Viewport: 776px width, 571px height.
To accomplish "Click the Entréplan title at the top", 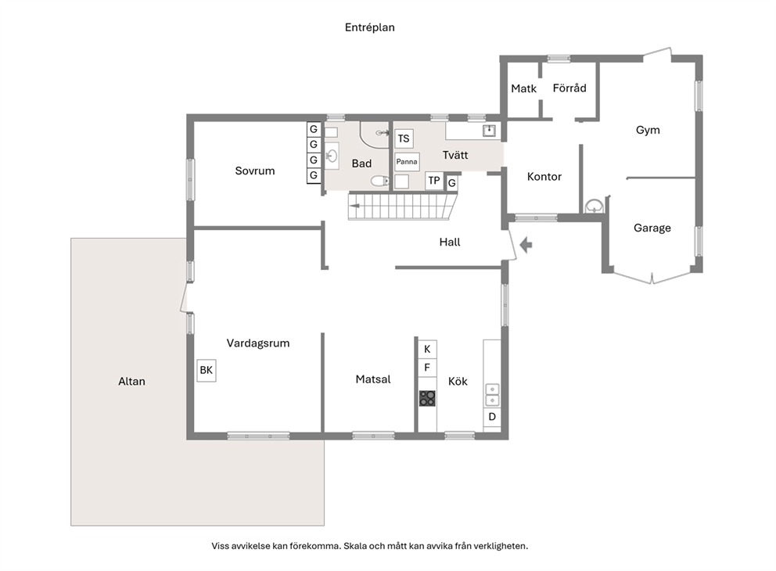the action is (x=370, y=27).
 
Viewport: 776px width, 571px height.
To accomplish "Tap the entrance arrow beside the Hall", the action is (x=526, y=244).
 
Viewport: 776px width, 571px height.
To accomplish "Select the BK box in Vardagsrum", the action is (x=207, y=370).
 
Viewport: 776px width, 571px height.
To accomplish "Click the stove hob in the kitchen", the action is (x=427, y=398).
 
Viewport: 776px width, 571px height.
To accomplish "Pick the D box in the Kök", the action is (x=492, y=417).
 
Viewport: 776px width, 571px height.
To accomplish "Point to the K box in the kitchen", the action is (x=427, y=349).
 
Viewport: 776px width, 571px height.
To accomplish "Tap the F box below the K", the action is (x=427, y=368).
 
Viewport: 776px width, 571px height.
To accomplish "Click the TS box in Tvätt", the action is (x=404, y=138).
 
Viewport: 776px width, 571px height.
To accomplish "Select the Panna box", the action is (x=407, y=162).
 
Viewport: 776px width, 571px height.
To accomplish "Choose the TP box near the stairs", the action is (x=434, y=181).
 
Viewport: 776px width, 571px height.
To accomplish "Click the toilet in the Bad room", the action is (x=379, y=181).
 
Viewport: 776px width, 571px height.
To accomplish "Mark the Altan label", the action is (x=131, y=382).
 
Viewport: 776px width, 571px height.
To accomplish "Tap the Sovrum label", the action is (x=255, y=171).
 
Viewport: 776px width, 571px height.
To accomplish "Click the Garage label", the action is (x=652, y=228).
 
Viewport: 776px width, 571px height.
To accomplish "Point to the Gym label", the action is (x=648, y=130).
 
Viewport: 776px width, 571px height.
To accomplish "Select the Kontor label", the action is (x=544, y=177).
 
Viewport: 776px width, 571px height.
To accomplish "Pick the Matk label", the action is (x=523, y=88).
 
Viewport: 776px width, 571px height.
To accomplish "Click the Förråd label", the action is (x=569, y=88).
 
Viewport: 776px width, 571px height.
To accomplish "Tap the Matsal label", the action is (x=373, y=379).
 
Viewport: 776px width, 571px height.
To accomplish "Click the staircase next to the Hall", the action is (x=403, y=206).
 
